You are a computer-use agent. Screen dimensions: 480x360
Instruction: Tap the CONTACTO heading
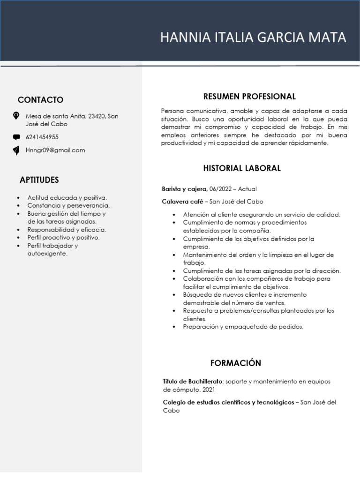[x=40, y=100]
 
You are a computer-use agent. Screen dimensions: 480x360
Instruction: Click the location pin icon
[x=16, y=115]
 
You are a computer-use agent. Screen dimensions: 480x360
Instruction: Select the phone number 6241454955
[x=42, y=137]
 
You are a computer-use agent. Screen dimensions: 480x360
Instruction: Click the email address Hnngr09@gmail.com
[x=55, y=150]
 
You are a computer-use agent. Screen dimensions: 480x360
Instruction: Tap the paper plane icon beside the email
[x=16, y=150]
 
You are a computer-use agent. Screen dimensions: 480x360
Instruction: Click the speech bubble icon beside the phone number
[x=16, y=137]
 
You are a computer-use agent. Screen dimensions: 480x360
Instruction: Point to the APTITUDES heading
[x=39, y=180]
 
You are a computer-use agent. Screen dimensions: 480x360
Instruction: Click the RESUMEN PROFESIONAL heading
[x=249, y=97]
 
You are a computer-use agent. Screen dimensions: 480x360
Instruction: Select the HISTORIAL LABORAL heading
[x=242, y=168]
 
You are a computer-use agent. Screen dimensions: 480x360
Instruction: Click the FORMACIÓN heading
[x=236, y=363]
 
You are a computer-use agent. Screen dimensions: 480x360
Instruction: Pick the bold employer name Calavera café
[x=182, y=202]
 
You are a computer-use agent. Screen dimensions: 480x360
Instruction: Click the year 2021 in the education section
[x=208, y=390]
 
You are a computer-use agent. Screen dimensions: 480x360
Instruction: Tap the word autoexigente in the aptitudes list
[x=47, y=254]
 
